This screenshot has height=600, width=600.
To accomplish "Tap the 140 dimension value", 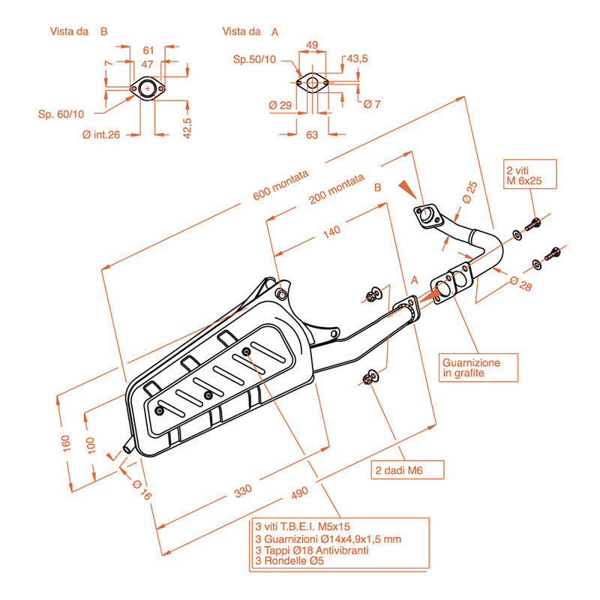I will point(329,231).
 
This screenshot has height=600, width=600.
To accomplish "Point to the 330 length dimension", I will point(242,491).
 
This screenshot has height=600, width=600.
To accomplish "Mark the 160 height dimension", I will point(66,442).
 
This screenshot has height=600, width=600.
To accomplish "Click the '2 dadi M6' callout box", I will point(408,470).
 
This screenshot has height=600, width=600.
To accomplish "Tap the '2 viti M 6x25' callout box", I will point(529,175).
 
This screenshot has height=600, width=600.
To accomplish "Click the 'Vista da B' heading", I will point(79,31).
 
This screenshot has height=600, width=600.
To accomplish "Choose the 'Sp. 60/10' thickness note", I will point(62,114).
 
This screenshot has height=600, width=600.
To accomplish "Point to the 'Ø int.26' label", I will point(102,134).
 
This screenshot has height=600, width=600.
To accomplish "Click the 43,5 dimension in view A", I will point(357,58).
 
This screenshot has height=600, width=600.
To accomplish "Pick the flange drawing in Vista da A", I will point(313,82).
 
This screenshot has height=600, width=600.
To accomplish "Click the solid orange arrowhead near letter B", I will point(406,187).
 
